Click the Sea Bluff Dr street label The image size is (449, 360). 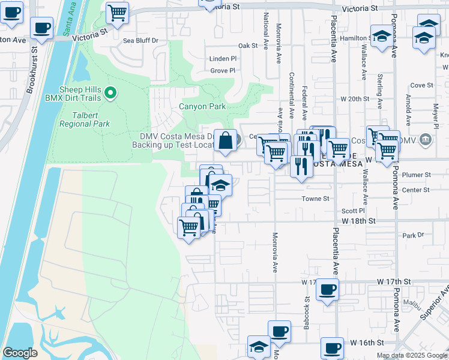pos(140,41)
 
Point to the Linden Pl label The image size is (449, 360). pos(223,59)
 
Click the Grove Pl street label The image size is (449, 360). pos(223,71)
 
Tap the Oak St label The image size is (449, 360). pos(247,46)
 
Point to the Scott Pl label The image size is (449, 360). pos(353,211)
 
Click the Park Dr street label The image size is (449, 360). pos(413,235)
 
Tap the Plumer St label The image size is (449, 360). pos(418,175)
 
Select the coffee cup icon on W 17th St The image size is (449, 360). pos(327,289)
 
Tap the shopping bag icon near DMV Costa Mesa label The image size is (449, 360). pos(225,141)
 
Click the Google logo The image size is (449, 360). pos(20,353)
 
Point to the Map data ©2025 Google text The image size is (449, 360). pos(411,355)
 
